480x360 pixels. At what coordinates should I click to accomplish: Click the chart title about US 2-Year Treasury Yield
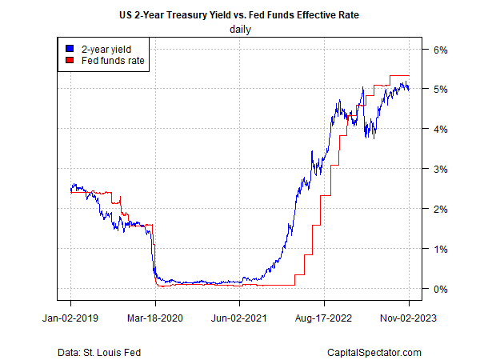coord(240,14)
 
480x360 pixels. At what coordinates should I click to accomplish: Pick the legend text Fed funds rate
coord(107,59)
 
